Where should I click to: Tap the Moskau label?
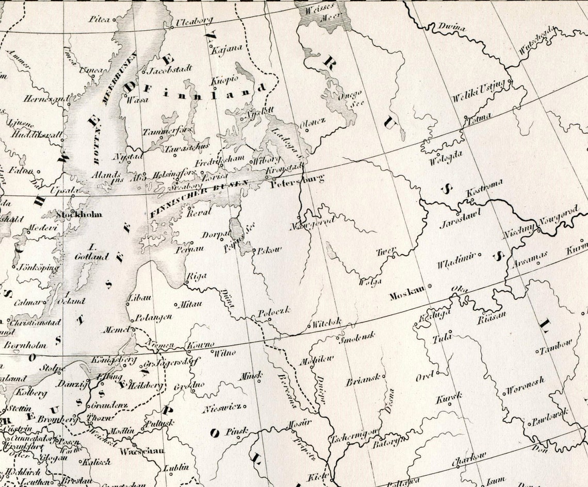pyautogui.click(x=407, y=295)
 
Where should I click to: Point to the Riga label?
pyautogui.click(x=196, y=276)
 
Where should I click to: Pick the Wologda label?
pyautogui.click(x=446, y=158)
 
